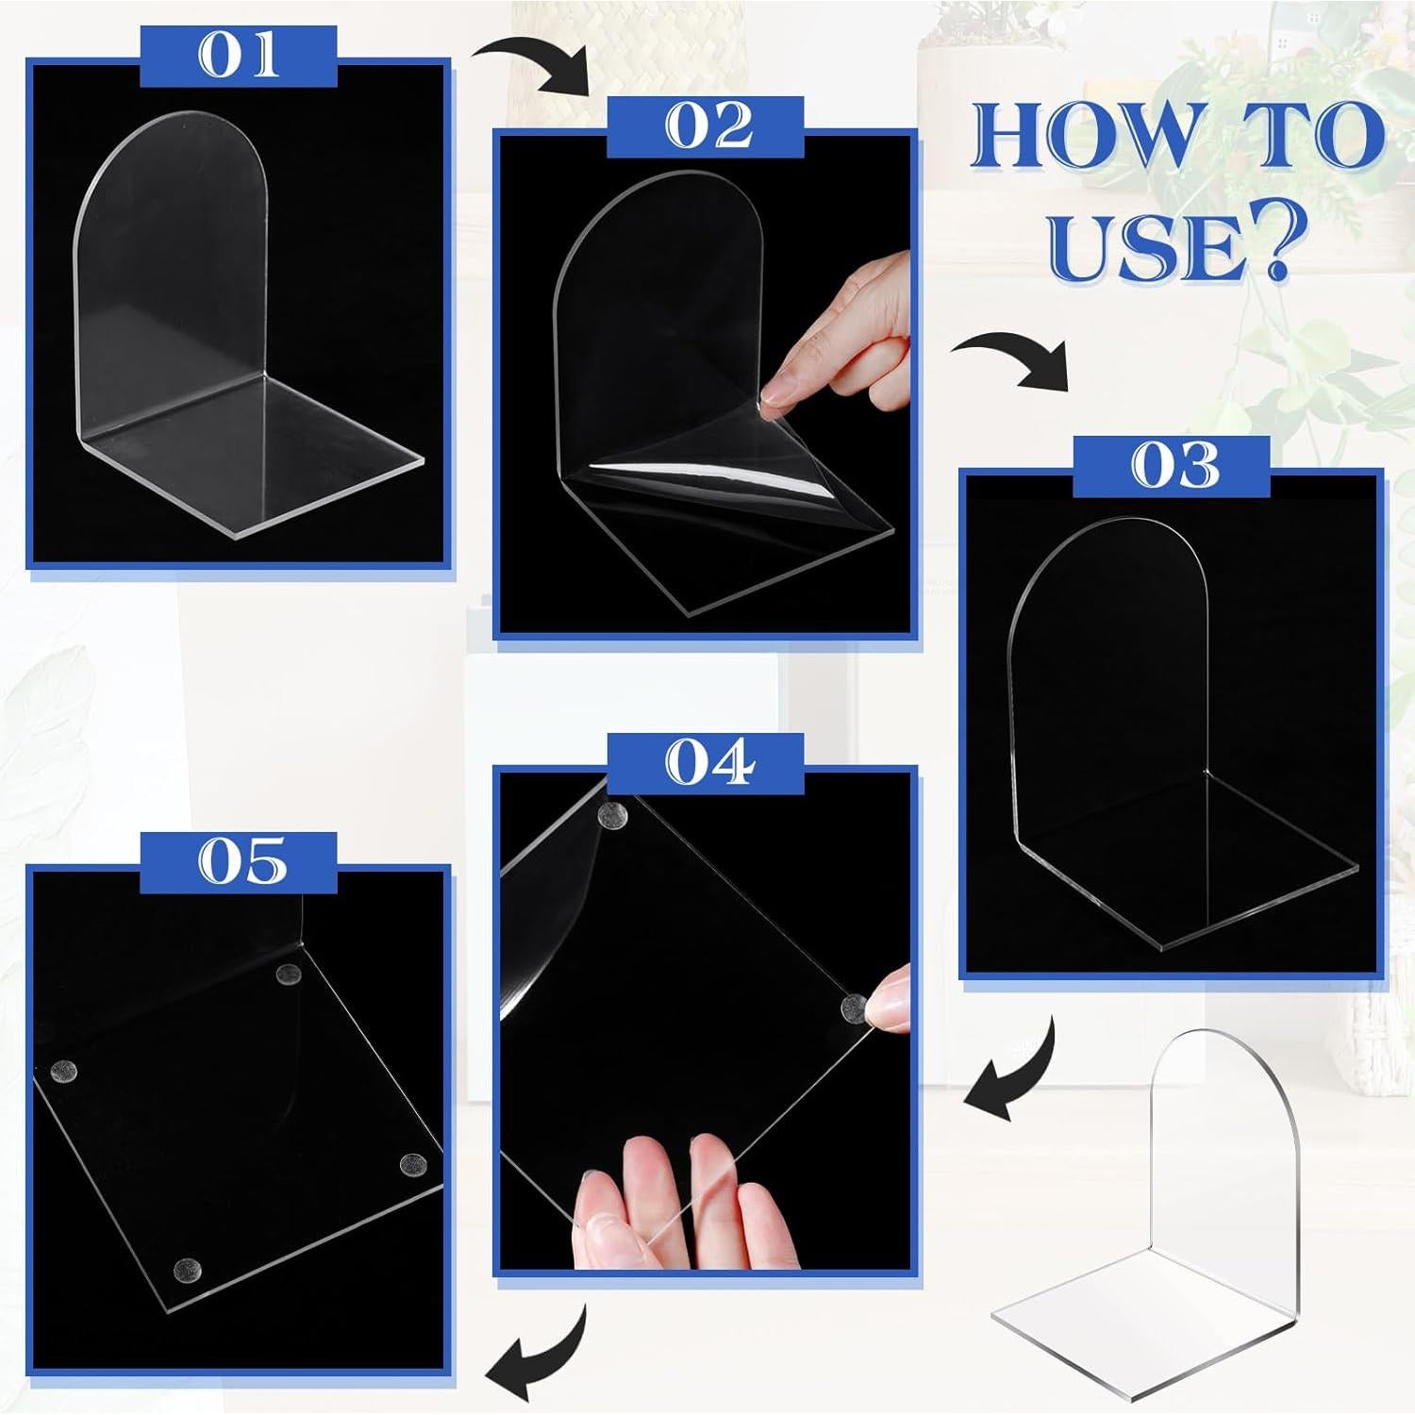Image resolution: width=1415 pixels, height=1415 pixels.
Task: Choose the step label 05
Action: (x=240, y=862)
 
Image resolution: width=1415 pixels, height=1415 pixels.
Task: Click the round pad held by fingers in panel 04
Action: (x=855, y=1008)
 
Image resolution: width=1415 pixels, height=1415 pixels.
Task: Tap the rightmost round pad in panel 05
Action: (x=412, y=1164)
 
